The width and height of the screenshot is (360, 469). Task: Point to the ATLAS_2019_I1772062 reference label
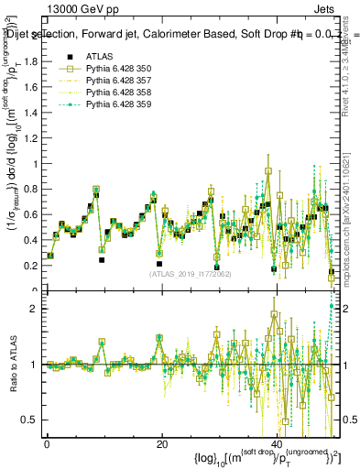coord(190,273)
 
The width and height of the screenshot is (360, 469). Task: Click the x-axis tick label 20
coord(162,443)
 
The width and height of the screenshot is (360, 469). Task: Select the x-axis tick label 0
coord(47,443)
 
